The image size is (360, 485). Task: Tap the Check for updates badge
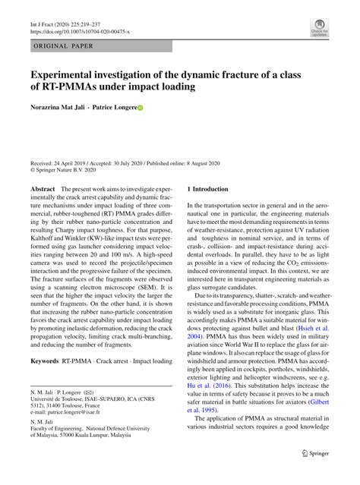point(317,30)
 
